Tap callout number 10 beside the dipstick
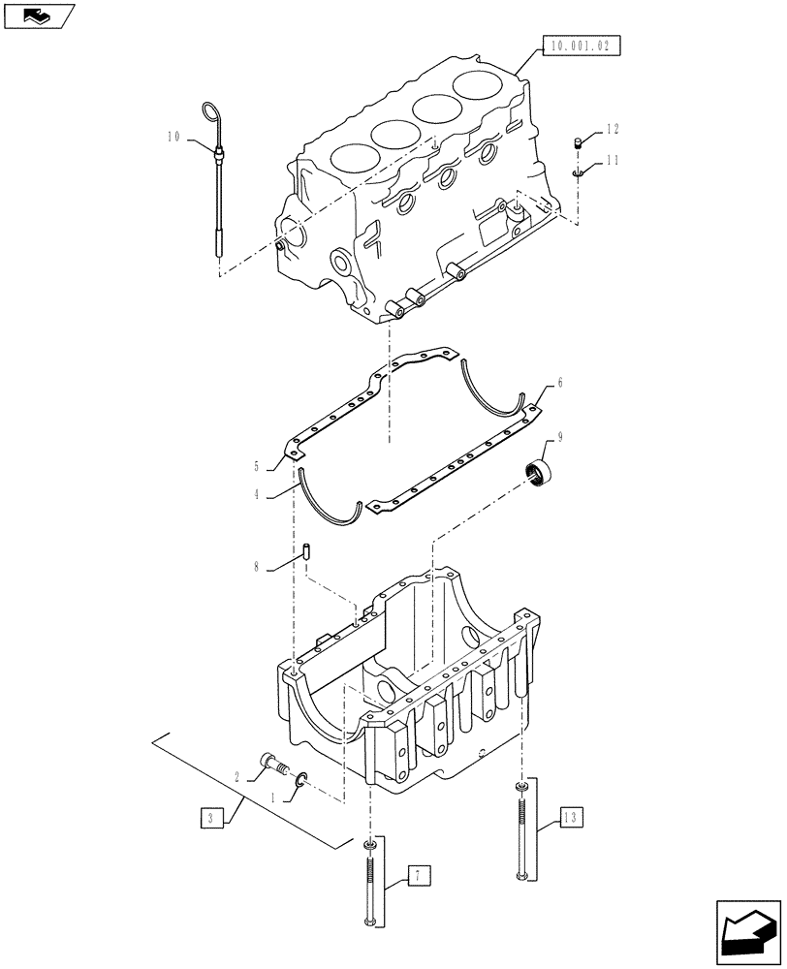173,139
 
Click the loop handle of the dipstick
209,111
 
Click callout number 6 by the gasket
559,384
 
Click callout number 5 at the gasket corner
257,465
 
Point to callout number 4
257,494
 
